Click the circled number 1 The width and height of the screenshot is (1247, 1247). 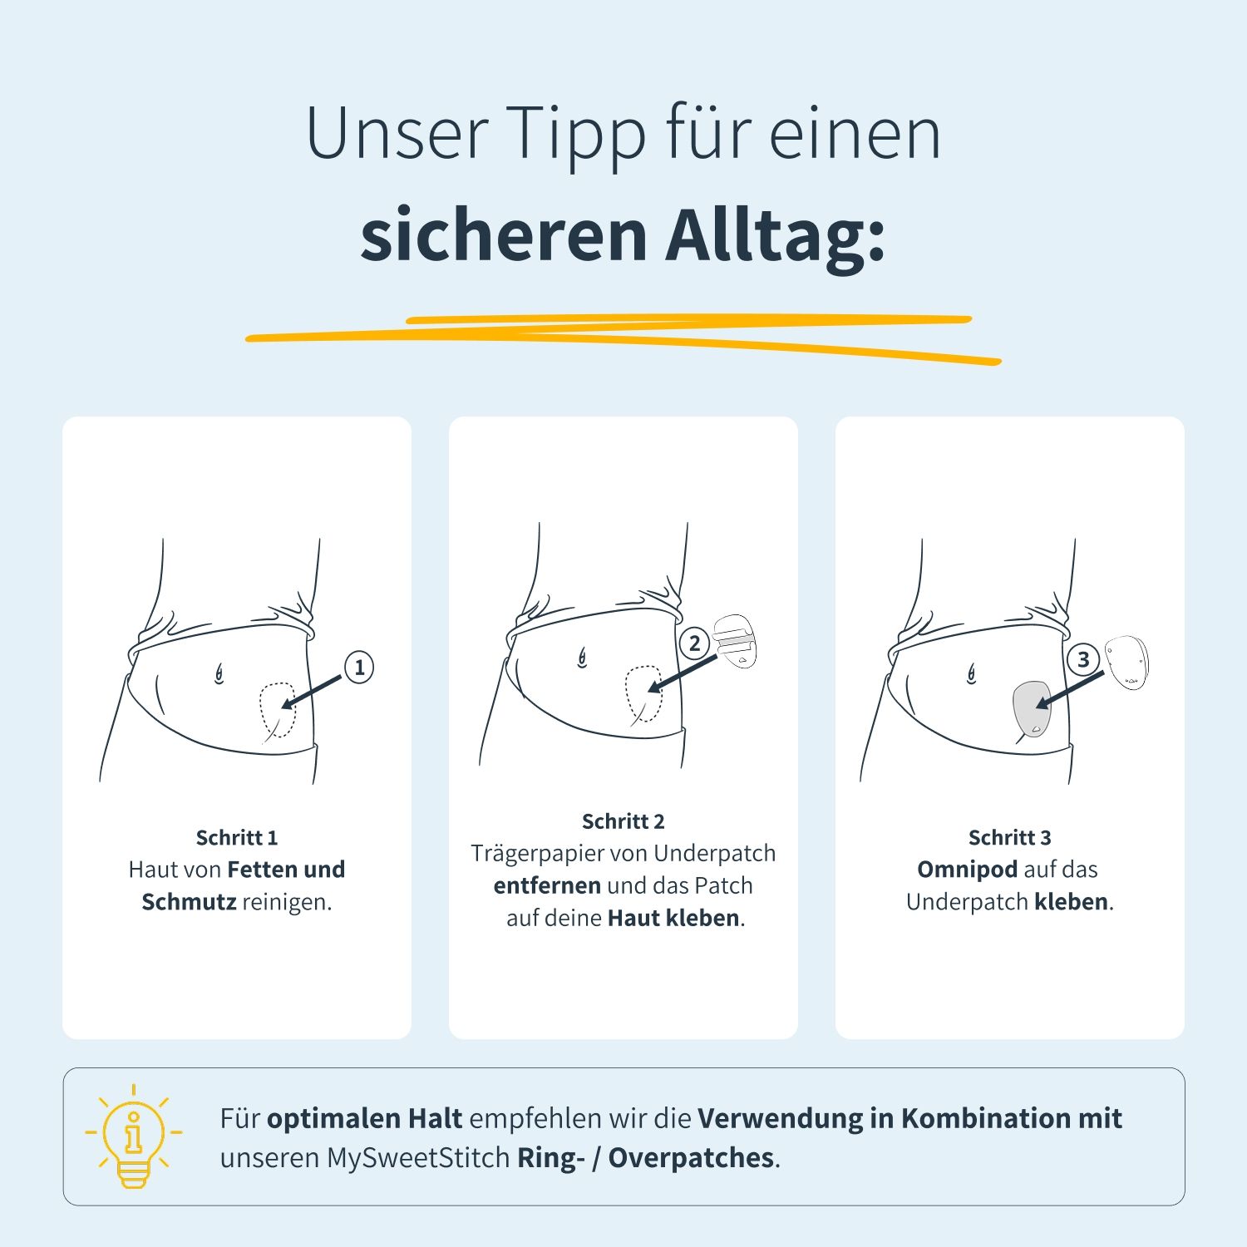[359, 668]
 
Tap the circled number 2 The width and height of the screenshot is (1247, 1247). [695, 643]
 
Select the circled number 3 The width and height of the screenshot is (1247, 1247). [1082, 660]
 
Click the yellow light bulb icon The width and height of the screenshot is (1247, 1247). [133, 1136]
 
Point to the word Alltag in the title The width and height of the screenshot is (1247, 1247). [775, 235]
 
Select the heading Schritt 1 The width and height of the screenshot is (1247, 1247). [237, 837]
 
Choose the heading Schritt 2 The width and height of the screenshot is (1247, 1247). [623, 821]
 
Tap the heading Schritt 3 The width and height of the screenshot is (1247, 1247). [1010, 837]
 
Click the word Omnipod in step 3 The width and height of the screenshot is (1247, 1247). [967, 870]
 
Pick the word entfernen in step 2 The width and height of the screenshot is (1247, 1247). [547, 885]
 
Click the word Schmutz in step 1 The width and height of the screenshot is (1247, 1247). [189, 902]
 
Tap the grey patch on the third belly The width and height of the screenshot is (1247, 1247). [1032, 707]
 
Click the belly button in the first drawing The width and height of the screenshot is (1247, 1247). [219, 673]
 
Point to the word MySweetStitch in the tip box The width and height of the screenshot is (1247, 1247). [418, 1158]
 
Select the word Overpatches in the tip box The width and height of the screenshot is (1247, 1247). [691, 1158]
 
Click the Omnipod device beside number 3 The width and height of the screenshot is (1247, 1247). [1127, 662]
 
